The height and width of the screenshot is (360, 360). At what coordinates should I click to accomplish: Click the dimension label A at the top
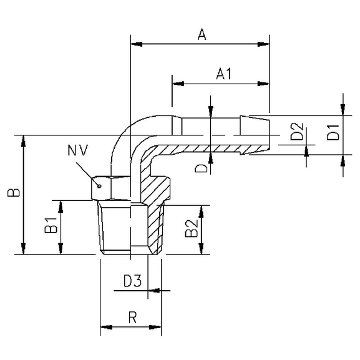(x=202, y=35)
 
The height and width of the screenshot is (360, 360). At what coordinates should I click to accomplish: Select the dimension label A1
(x=223, y=74)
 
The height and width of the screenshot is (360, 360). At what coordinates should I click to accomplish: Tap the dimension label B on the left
(x=12, y=192)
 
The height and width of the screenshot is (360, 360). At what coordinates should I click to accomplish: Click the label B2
(x=191, y=231)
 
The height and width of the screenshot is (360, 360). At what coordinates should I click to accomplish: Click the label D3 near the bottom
(x=132, y=281)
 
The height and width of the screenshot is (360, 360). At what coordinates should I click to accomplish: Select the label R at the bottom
(x=132, y=318)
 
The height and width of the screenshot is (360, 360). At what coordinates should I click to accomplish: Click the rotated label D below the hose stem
(x=200, y=167)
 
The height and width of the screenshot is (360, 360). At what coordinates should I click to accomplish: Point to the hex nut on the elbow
(x=112, y=187)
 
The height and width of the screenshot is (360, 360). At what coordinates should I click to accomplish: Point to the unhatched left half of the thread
(x=115, y=228)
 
